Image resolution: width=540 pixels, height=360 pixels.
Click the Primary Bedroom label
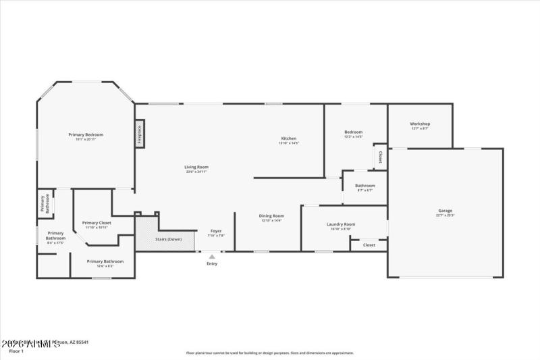click(x=86, y=134)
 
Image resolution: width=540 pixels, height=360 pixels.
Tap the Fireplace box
click(x=140, y=134)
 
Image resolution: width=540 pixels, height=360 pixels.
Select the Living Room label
click(x=196, y=167)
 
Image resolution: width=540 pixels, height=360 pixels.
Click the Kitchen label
click(x=288, y=138)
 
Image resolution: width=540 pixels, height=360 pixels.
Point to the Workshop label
click(x=420, y=124)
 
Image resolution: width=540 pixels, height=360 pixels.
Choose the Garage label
click(x=445, y=211)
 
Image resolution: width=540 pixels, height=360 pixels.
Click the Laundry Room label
click(x=340, y=224)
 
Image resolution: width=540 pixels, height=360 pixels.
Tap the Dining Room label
click(x=271, y=216)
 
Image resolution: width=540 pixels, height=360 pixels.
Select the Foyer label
click(x=216, y=231)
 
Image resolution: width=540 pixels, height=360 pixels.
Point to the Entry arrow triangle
click(x=212, y=256)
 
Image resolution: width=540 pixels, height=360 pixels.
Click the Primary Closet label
click(x=97, y=222)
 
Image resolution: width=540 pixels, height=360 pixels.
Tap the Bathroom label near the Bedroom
click(x=365, y=185)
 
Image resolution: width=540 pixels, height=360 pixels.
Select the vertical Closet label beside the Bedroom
click(x=380, y=157)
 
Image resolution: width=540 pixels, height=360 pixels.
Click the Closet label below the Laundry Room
click(x=369, y=245)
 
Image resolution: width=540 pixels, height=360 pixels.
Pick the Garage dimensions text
click(x=445, y=215)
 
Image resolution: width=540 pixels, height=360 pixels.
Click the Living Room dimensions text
click(x=196, y=172)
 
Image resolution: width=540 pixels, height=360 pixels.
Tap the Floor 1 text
click(x=16, y=351)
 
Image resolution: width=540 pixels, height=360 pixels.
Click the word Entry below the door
click(x=212, y=263)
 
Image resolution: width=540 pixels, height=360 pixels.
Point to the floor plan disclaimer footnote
click(x=270, y=353)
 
